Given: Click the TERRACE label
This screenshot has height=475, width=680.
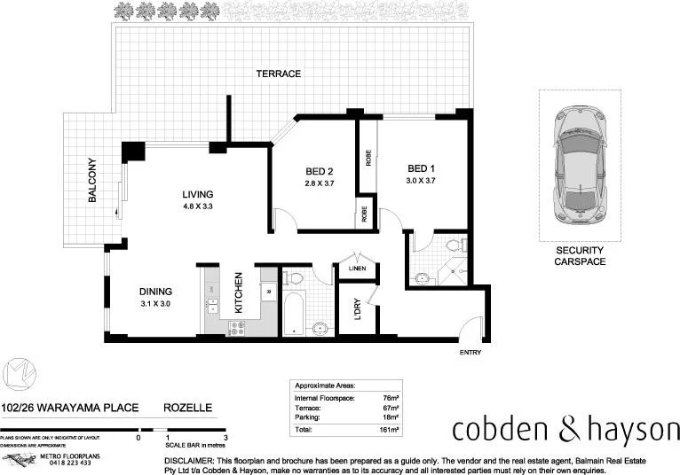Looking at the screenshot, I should [279, 74].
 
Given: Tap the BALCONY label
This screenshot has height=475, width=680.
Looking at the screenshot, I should [91, 181].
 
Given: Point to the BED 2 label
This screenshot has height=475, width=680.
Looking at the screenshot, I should [318, 171].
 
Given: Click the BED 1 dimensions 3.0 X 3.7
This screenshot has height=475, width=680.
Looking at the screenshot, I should [420, 181].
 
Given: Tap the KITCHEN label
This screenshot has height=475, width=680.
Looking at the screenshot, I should [239, 292].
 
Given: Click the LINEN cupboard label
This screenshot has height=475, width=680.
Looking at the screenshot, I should [356, 269].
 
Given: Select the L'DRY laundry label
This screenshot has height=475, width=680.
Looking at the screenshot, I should [357, 310].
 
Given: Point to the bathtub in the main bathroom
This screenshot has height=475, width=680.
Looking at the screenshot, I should [295, 311].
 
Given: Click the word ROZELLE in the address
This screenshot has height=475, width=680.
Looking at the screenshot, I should [187, 408].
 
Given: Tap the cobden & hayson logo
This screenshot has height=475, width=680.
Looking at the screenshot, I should [565, 430].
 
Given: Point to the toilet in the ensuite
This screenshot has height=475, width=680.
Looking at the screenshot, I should [453, 245].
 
